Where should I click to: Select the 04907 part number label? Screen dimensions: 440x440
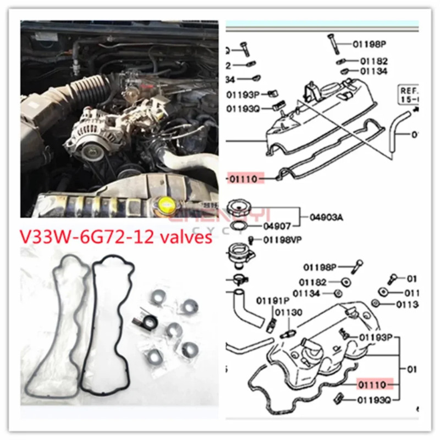(278, 225)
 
